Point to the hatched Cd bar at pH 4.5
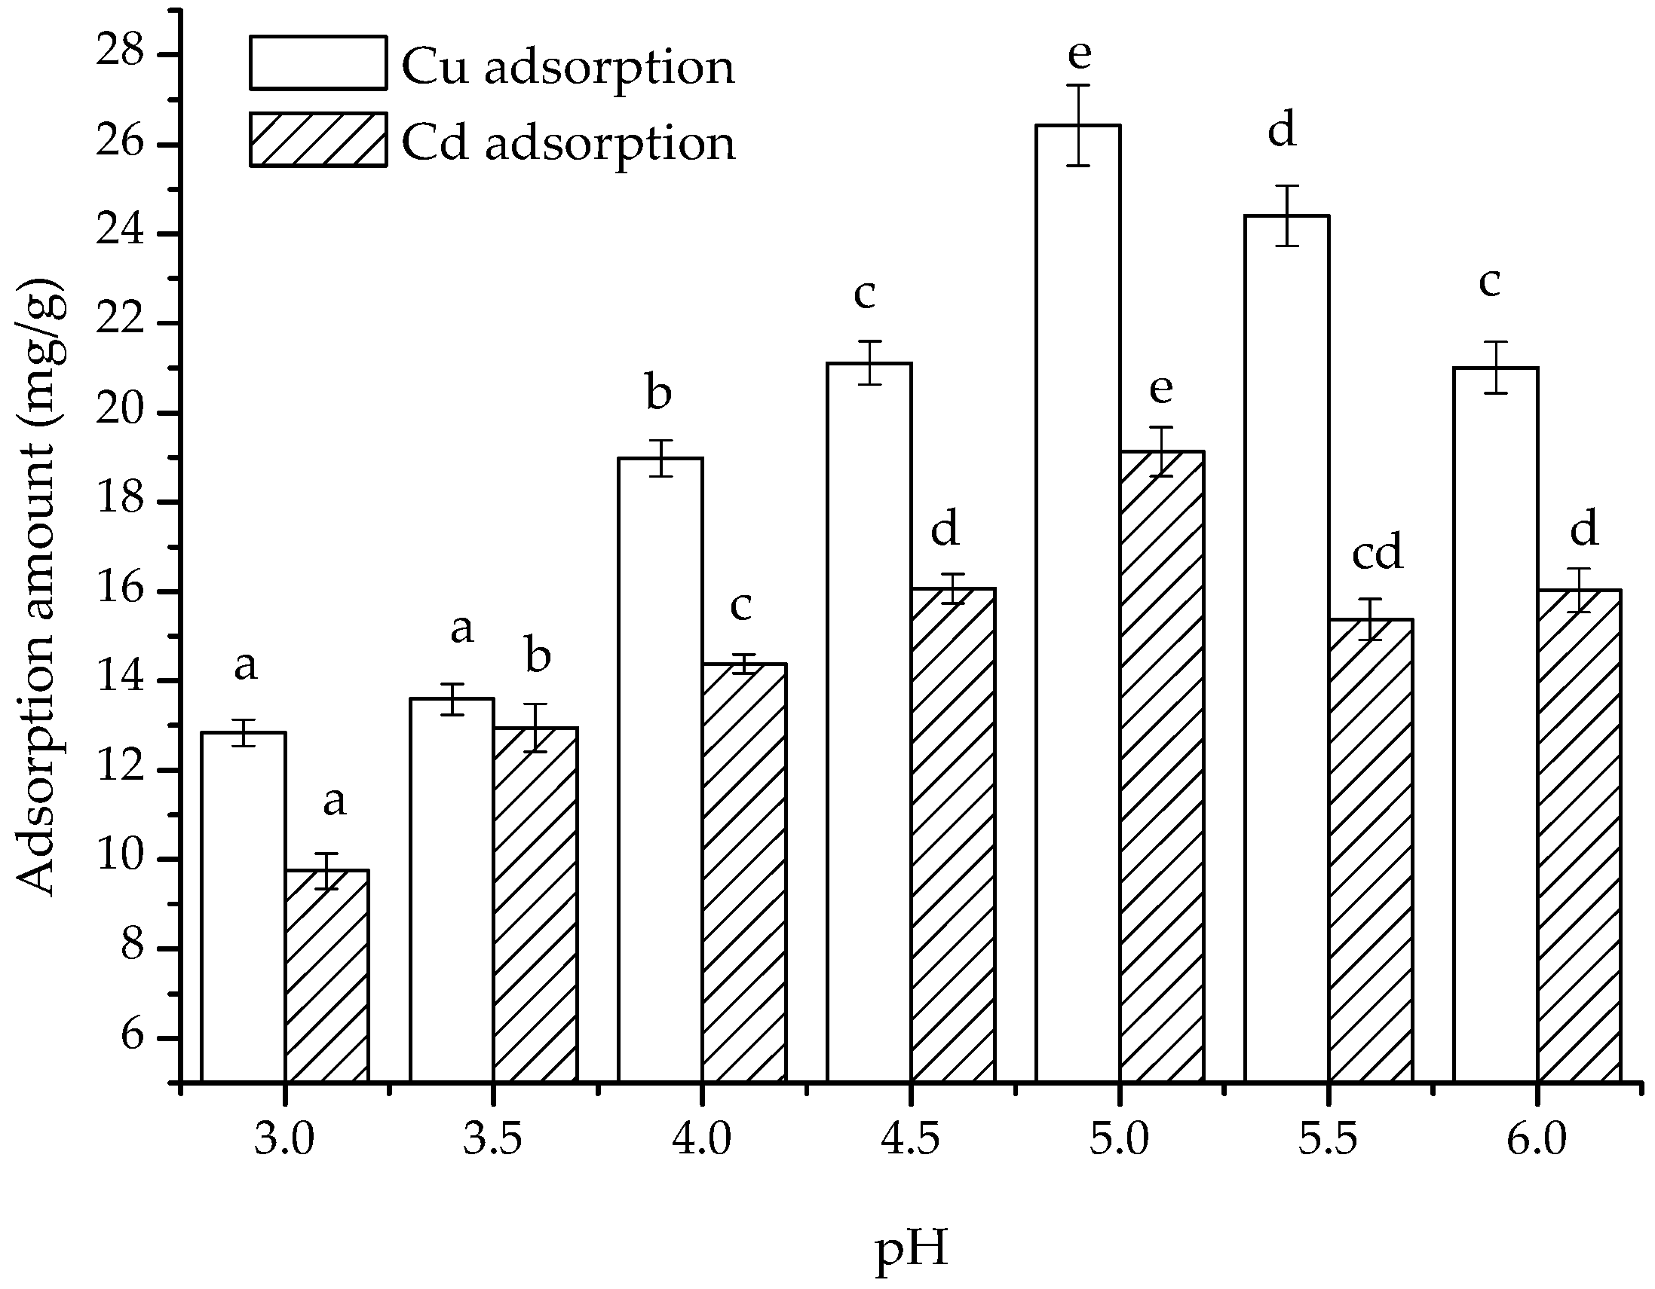[952, 834]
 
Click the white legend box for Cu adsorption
[318, 63]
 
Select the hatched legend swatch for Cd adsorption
[318, 140]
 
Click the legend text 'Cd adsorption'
[569, 142]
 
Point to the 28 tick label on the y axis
[120, 55]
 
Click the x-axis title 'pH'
[912, 1250]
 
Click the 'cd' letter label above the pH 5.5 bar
[1377, 551]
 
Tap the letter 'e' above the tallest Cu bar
[1079, 53]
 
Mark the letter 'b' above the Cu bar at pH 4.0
[658, 393]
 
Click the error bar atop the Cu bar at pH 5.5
[1287, 216]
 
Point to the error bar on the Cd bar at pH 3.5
[535, 728]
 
